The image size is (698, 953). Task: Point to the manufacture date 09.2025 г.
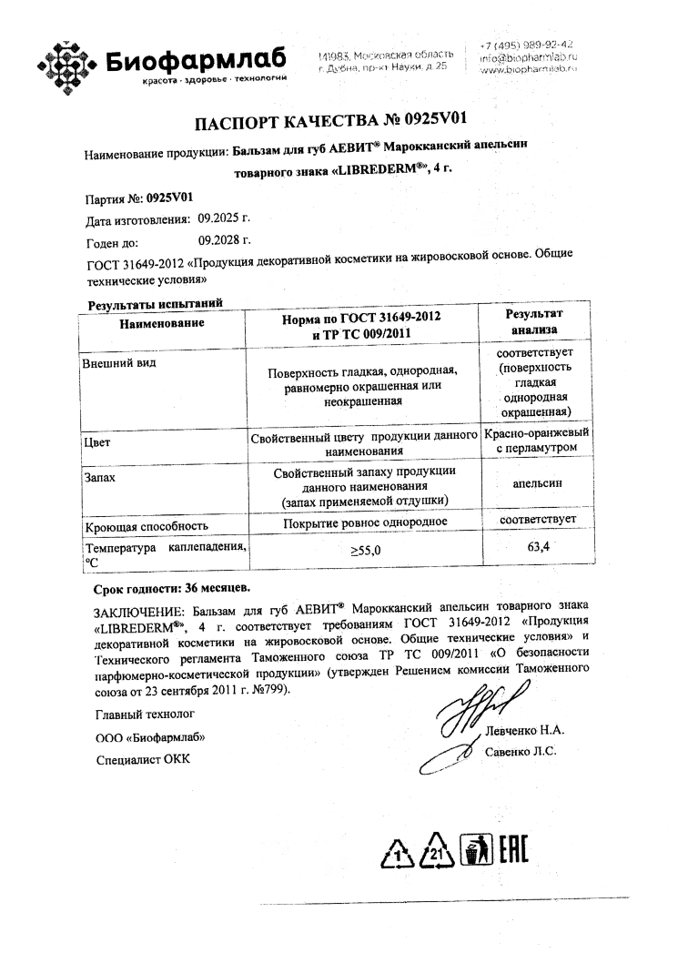tap(217, 219)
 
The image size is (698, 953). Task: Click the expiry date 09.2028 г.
tap(224, 242)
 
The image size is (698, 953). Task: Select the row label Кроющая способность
tap(147, 526)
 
